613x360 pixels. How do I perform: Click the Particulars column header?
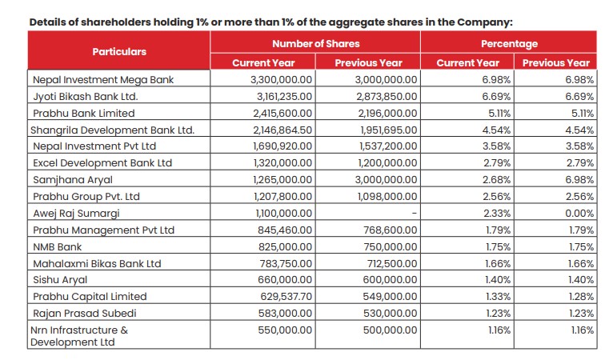tap(119, 51)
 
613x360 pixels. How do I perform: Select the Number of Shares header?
tap(315, 43)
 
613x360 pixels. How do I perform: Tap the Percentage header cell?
tap(509, 43)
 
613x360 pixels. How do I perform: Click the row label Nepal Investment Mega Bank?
tap(102, 80)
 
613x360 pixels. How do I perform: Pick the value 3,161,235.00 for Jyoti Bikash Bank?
tap(285, 97)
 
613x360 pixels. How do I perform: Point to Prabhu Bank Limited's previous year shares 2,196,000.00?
tap(387, 113)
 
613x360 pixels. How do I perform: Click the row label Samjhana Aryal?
tap(71, 179)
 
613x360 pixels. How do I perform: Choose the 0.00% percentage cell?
tap(579, 213)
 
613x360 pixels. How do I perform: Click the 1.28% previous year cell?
tap(580, 296)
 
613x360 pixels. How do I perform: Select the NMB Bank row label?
tap(58, 246)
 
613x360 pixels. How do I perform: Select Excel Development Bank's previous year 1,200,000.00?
tap(387, 163)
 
